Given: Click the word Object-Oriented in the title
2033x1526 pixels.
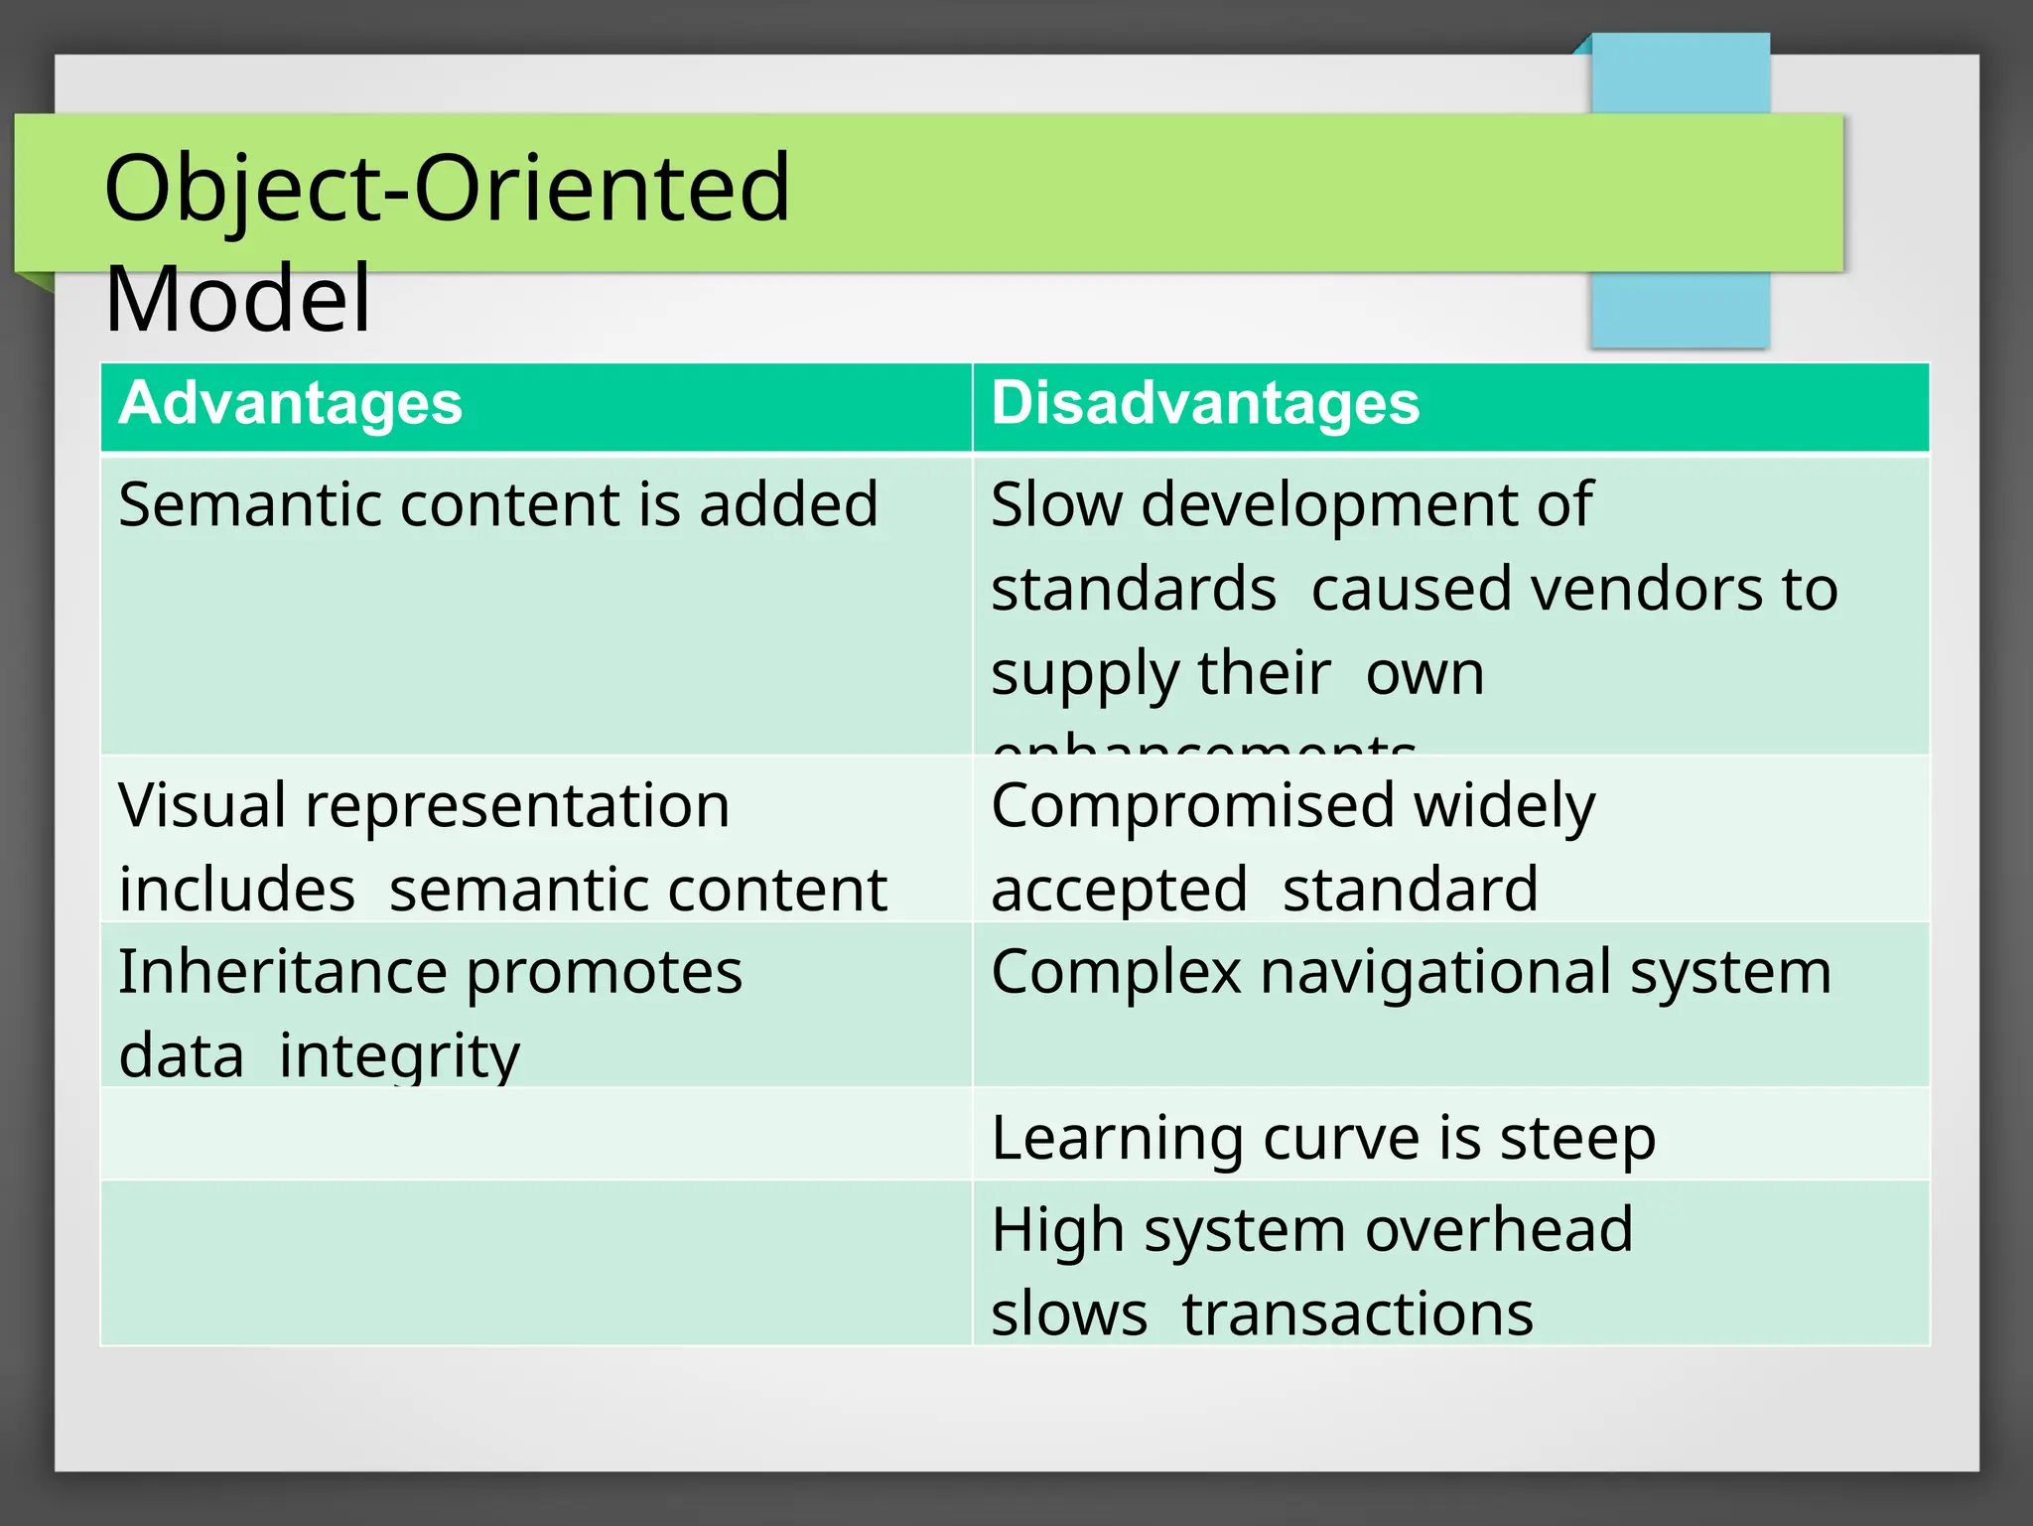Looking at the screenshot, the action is pos(447,188).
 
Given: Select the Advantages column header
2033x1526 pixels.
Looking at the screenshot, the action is pos(290,403).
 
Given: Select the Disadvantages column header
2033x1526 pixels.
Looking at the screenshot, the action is pos(1205,403).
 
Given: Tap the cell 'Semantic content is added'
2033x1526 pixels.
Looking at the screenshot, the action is pos(498,504).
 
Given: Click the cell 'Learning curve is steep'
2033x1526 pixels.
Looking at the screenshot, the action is pos(1323,1138).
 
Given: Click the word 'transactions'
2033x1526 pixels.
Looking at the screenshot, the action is pos(1357,1314).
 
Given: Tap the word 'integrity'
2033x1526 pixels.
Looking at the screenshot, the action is pos(399,1054).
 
